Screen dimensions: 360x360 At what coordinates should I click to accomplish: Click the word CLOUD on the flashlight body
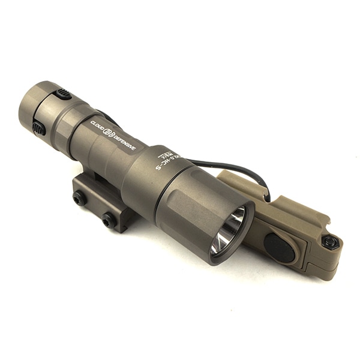pos(98,126)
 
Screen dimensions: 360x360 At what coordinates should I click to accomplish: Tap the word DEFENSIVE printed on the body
pos(124,141)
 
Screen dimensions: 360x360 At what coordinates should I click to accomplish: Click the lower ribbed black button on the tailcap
pos(39,127)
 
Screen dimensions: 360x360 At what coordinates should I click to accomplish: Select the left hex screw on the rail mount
pos(79,198)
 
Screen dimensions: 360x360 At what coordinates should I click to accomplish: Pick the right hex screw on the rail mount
pos(109,220)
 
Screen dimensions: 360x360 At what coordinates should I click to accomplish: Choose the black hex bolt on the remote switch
pos(329,242)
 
